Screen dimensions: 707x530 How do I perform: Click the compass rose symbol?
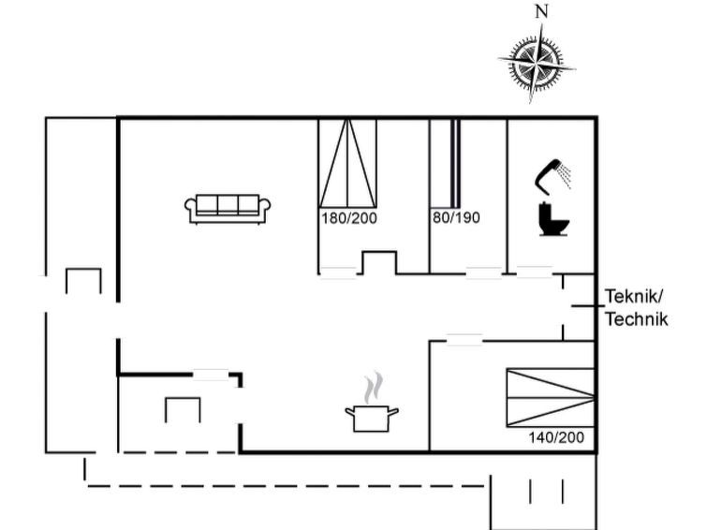[537, 63]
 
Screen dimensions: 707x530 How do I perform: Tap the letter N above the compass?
[541, 12]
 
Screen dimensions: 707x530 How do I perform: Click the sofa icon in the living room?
[228, 210]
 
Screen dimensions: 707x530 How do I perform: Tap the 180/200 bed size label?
[349, 218]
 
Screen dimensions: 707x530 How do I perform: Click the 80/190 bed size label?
[456, 218]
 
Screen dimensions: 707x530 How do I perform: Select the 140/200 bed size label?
[556, 437]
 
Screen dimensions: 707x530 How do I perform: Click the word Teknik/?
[634, 297]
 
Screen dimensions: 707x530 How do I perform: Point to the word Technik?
[636, 319]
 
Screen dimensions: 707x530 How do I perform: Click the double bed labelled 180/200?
[347, 163]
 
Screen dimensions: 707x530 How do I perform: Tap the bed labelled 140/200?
[550, 397]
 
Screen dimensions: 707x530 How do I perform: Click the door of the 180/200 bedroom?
[338, 273]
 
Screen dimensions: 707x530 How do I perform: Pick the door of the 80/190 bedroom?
[484, 273]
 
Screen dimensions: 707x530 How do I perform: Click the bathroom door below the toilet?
[535, 272]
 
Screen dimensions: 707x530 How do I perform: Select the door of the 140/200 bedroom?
[464, 340]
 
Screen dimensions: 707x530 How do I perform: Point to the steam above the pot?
[374, 388]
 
